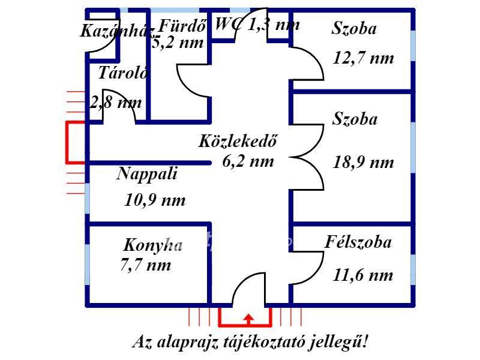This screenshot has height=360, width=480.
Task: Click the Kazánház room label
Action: pos(116,31)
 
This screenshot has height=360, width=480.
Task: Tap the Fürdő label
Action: pos(182,26)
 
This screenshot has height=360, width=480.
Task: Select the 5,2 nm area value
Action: pos(178,43)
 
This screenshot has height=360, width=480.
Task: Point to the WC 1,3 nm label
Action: pos(257,24)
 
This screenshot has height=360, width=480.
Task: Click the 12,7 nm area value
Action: pos(363,58)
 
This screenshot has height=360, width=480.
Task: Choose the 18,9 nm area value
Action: pos(363,162)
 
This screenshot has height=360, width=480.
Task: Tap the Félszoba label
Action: pos(358,242)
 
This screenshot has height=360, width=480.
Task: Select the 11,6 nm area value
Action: pos(363,275)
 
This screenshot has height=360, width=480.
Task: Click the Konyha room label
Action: pos(153,245)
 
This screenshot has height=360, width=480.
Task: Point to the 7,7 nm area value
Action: pos(146,265)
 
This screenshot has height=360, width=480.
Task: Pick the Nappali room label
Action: pos(147,174)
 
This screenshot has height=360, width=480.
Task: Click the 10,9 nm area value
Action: pos(155,200)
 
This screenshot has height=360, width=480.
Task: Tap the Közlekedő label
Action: pos(238,141)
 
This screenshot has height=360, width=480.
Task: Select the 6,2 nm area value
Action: pos(248,161)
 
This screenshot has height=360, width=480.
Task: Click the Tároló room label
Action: pos(124,73)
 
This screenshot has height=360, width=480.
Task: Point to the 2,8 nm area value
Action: pos(116,103)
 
